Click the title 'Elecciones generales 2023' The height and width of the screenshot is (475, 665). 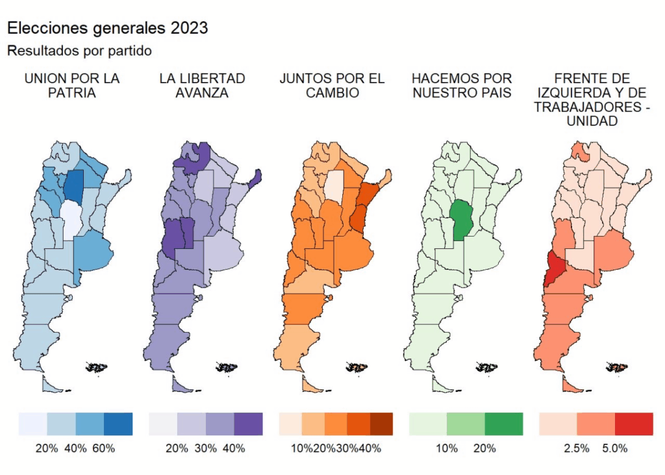(x=107, y=28)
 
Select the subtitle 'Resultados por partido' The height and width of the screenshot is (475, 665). (x=79, y=50)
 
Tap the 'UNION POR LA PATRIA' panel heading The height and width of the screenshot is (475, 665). (x=72, y=86)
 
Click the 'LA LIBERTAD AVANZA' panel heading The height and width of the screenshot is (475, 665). (x=202, y=86)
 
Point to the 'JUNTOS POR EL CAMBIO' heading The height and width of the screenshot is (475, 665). (x=332, y=86)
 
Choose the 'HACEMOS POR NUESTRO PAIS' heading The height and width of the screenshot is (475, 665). (x=462, y=86)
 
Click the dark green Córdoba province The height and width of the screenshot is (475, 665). (x=460, y=219)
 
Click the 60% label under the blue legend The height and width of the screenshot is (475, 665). (x=104, y=448)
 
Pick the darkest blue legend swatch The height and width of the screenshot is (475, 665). (x=118, y=424)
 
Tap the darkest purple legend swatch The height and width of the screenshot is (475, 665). (x=248, y=424)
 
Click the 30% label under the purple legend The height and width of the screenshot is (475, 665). (x=206, y=448)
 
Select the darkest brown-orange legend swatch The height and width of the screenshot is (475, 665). (x=381, y=424)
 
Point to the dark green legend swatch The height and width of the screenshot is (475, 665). (x=503, y=424)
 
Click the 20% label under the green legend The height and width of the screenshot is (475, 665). (x=484, y=448)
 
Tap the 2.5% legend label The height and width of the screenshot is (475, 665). (x=577, y=448)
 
